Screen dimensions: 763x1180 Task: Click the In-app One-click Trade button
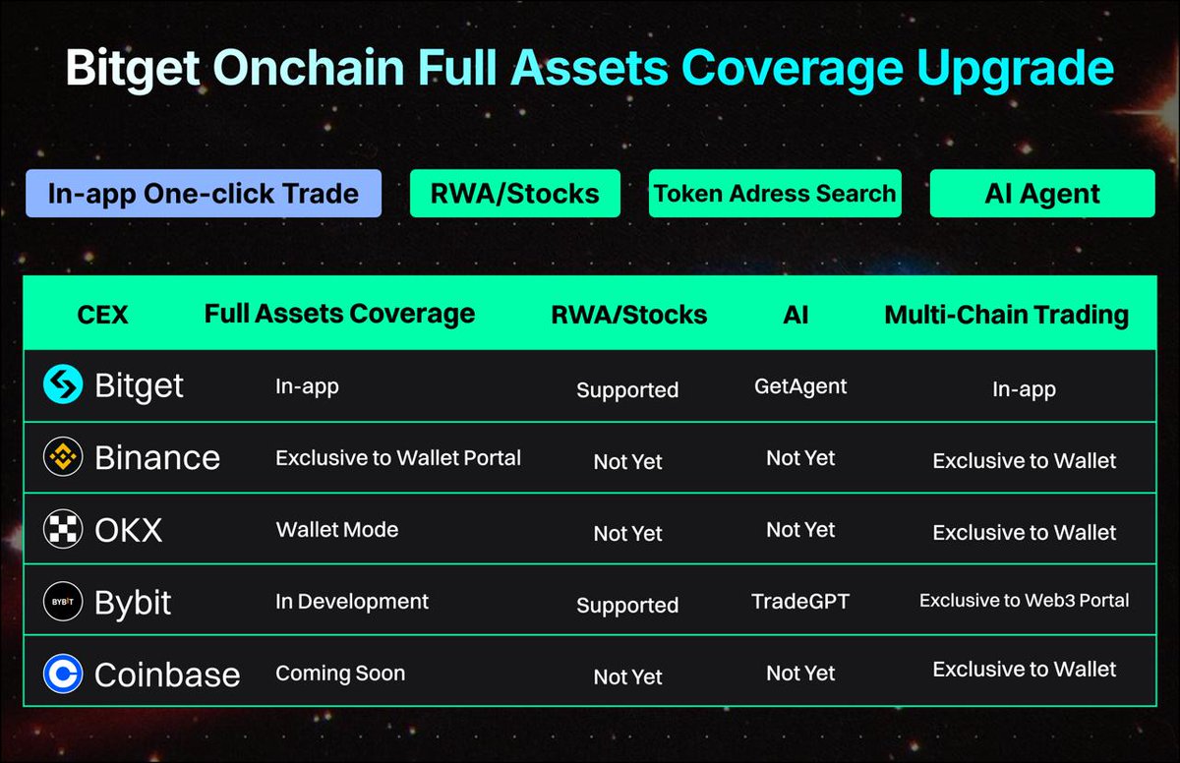click(203, 193)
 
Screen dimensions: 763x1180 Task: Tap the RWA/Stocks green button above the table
click(514, 193)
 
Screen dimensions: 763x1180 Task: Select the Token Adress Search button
click(775, 193)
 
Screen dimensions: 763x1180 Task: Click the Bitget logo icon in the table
click(63, 384)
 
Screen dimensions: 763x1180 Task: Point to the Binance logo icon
click(63, 457)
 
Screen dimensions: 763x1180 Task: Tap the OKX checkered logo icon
click(63, 530)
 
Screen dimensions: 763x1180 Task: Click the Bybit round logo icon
click(63, 602)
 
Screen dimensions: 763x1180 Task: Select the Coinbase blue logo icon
click(63, 674)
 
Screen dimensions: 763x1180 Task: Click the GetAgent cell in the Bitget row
click(799, 386)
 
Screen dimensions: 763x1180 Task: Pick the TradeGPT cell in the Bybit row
click(799, 601)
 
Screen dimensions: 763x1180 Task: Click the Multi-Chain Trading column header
click(1006, 315)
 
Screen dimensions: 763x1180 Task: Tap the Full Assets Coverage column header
click(339, 314)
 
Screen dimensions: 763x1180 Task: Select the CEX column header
click(102, 316)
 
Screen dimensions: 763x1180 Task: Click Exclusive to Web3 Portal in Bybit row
click(1024, 600)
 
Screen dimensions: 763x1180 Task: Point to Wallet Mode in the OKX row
click(337, 530)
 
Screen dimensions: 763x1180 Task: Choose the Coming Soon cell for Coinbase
click(339, 674)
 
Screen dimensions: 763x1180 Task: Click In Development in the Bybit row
click(352, 601)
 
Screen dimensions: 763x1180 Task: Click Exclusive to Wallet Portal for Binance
click(397, 457)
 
